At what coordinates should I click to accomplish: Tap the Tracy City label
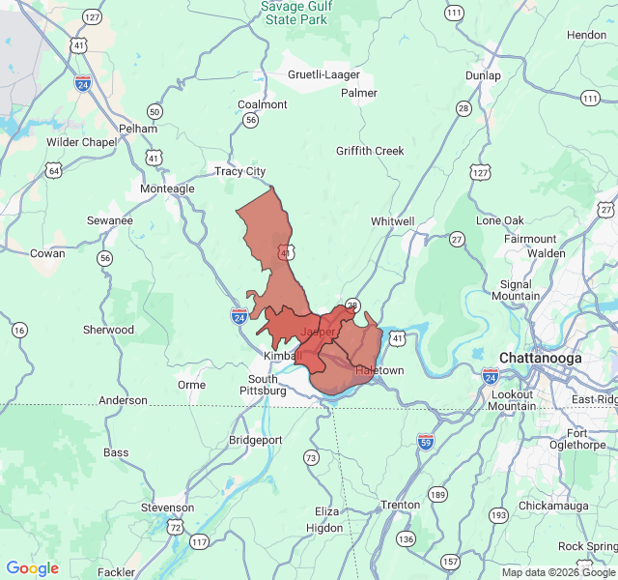(239, 171)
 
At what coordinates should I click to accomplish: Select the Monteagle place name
(167, 188)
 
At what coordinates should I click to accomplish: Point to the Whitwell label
(392, 221)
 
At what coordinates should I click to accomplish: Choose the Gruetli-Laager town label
(323, 74)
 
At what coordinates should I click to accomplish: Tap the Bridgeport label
(255, 440)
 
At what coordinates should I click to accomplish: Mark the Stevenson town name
(167, 507)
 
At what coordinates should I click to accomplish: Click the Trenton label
(400, 505)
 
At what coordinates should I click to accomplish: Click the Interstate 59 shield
(425, 442)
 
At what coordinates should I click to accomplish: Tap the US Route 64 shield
(54, 171)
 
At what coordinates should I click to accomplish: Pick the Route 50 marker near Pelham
(154, 112)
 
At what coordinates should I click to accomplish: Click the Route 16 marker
(19, 331)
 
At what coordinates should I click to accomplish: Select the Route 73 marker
(310, 457)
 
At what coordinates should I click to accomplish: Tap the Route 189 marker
(438, 495)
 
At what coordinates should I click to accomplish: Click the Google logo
(33, 568)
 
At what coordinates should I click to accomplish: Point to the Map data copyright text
(557, 572)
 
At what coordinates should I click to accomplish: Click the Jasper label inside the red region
(318, 332)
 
